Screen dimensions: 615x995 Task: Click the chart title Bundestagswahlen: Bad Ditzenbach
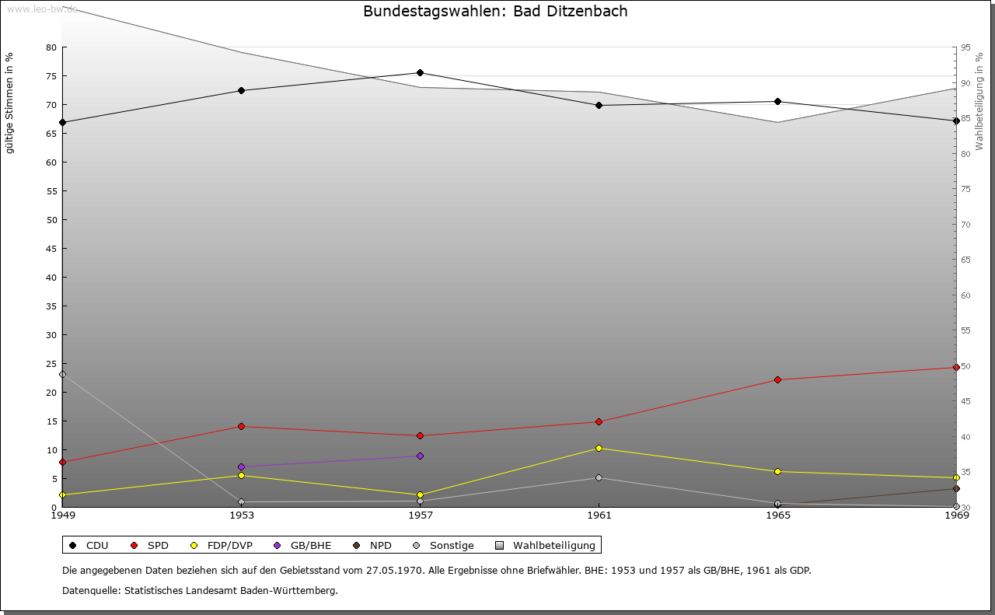[495, 12]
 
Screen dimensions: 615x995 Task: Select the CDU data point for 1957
[420, 73]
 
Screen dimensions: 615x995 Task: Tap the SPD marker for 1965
[777, 379]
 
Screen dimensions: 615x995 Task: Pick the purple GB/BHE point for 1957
[420, 456]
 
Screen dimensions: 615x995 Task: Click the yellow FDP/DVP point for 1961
[599, 448]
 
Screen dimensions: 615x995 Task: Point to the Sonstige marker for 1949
[63, 374]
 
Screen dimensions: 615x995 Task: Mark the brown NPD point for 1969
[956, 488]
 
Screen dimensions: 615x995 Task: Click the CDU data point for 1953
[241, 90]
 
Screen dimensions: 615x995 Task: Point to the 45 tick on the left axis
[51, 249]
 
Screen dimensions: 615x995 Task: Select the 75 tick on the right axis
[967, 189]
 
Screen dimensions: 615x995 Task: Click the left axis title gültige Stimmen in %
[10, 103]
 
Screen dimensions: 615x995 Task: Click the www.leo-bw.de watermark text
[42, 9]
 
